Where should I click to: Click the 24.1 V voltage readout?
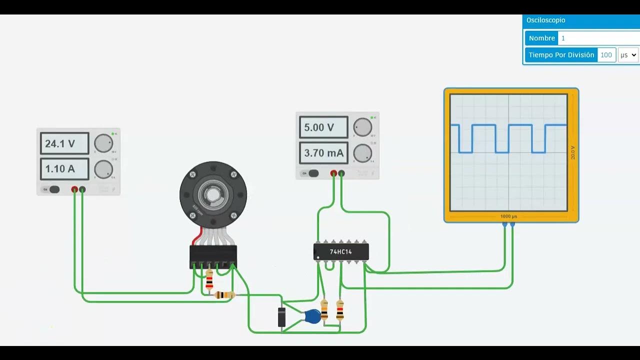(x=64, y=144)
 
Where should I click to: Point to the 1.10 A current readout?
(x=64, y=169)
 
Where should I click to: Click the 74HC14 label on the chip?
(x=340, y=252)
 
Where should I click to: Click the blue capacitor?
(x=313, y=316)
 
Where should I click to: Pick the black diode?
(x=281, y=317)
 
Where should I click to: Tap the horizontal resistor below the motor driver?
(x=224, y=295)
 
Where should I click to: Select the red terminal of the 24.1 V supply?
(x=74, y=189)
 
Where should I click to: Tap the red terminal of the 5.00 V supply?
(x=333, y=173)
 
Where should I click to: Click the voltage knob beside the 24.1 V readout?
(x=103, y=143)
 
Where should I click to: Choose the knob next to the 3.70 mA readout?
(x=362, y=153)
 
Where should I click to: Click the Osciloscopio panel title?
(x=546, y=20)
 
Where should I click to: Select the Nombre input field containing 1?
(x=597, y=38)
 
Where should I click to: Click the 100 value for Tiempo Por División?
(x=606, y=55)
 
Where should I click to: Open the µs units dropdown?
(x=628, y=55)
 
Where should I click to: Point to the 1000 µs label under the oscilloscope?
(x=508, y=216)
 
